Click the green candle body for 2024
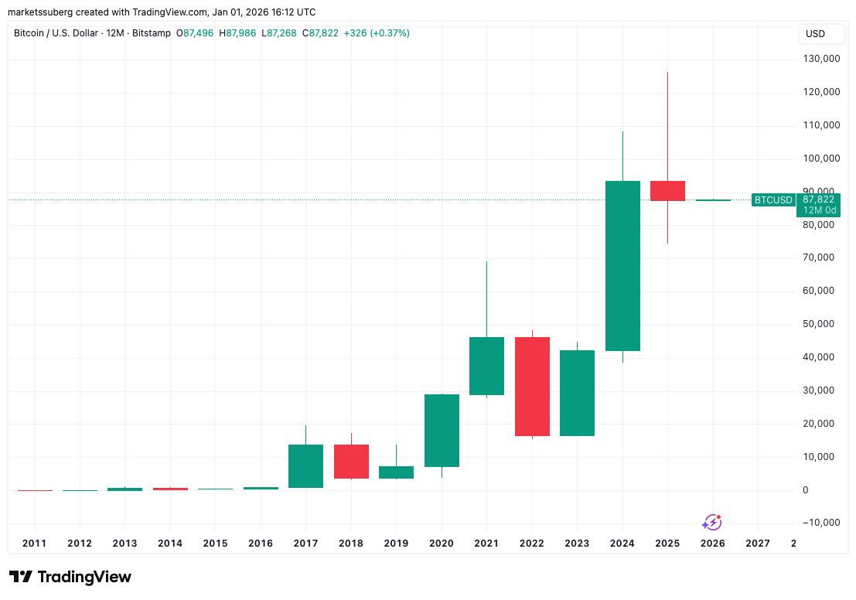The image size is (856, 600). tap(622, 266)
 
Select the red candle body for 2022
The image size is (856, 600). tap(532, 387)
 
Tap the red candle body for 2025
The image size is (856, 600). tap(667, 190)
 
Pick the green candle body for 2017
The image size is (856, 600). tap(305, 466)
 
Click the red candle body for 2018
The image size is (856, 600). tap(351, 462)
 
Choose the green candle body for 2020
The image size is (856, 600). tap(442, 431)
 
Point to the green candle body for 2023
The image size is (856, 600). tap(577, 393)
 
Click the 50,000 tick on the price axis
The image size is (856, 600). tap(823, 324)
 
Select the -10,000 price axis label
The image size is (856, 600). tap(820, 523)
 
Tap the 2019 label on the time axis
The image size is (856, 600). tap(396, 544)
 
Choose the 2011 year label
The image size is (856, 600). tap(34, 544)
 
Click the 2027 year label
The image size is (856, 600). tap(757, 544)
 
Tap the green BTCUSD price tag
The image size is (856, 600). tap(773, 200)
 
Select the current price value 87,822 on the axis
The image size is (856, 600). tap(819, 199)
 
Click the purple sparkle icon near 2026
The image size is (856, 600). tap(711, 523)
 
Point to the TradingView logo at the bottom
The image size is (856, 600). tap(70, 577)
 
